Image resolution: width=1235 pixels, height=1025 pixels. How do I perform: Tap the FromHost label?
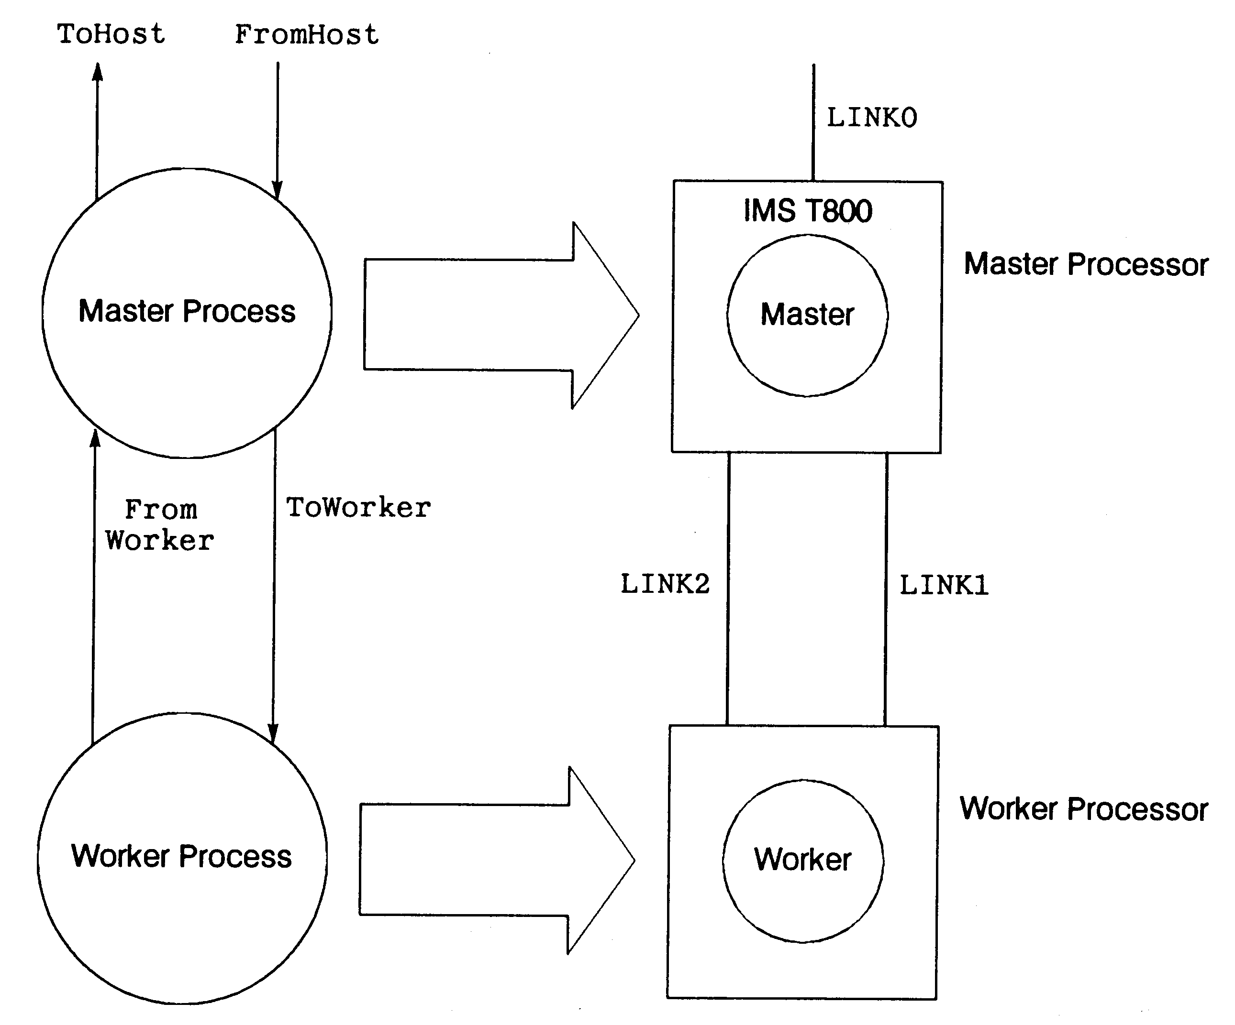coord(306,35)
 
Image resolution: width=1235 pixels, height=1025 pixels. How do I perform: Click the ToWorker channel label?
coord(358,508)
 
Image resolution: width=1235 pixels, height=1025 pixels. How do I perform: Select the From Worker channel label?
coord(160,525)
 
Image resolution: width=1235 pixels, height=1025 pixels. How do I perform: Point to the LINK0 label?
coord(871,118)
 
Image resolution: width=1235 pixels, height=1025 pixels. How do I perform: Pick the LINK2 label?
coord(665,584)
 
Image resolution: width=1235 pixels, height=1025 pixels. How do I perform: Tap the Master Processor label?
coord(1086,264)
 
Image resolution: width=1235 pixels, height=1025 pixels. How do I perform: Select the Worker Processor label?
coord(1083,809)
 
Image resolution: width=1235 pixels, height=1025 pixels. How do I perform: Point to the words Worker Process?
coord(181,856)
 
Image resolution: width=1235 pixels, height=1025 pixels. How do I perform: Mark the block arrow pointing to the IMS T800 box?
coord(500,315)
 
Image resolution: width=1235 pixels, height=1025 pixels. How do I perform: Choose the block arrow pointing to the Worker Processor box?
coord(496,860)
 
